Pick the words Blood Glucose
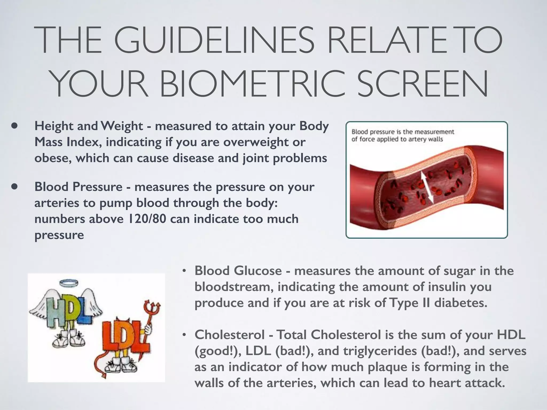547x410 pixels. [238, 271]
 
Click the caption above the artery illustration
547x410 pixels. [403, 135]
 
